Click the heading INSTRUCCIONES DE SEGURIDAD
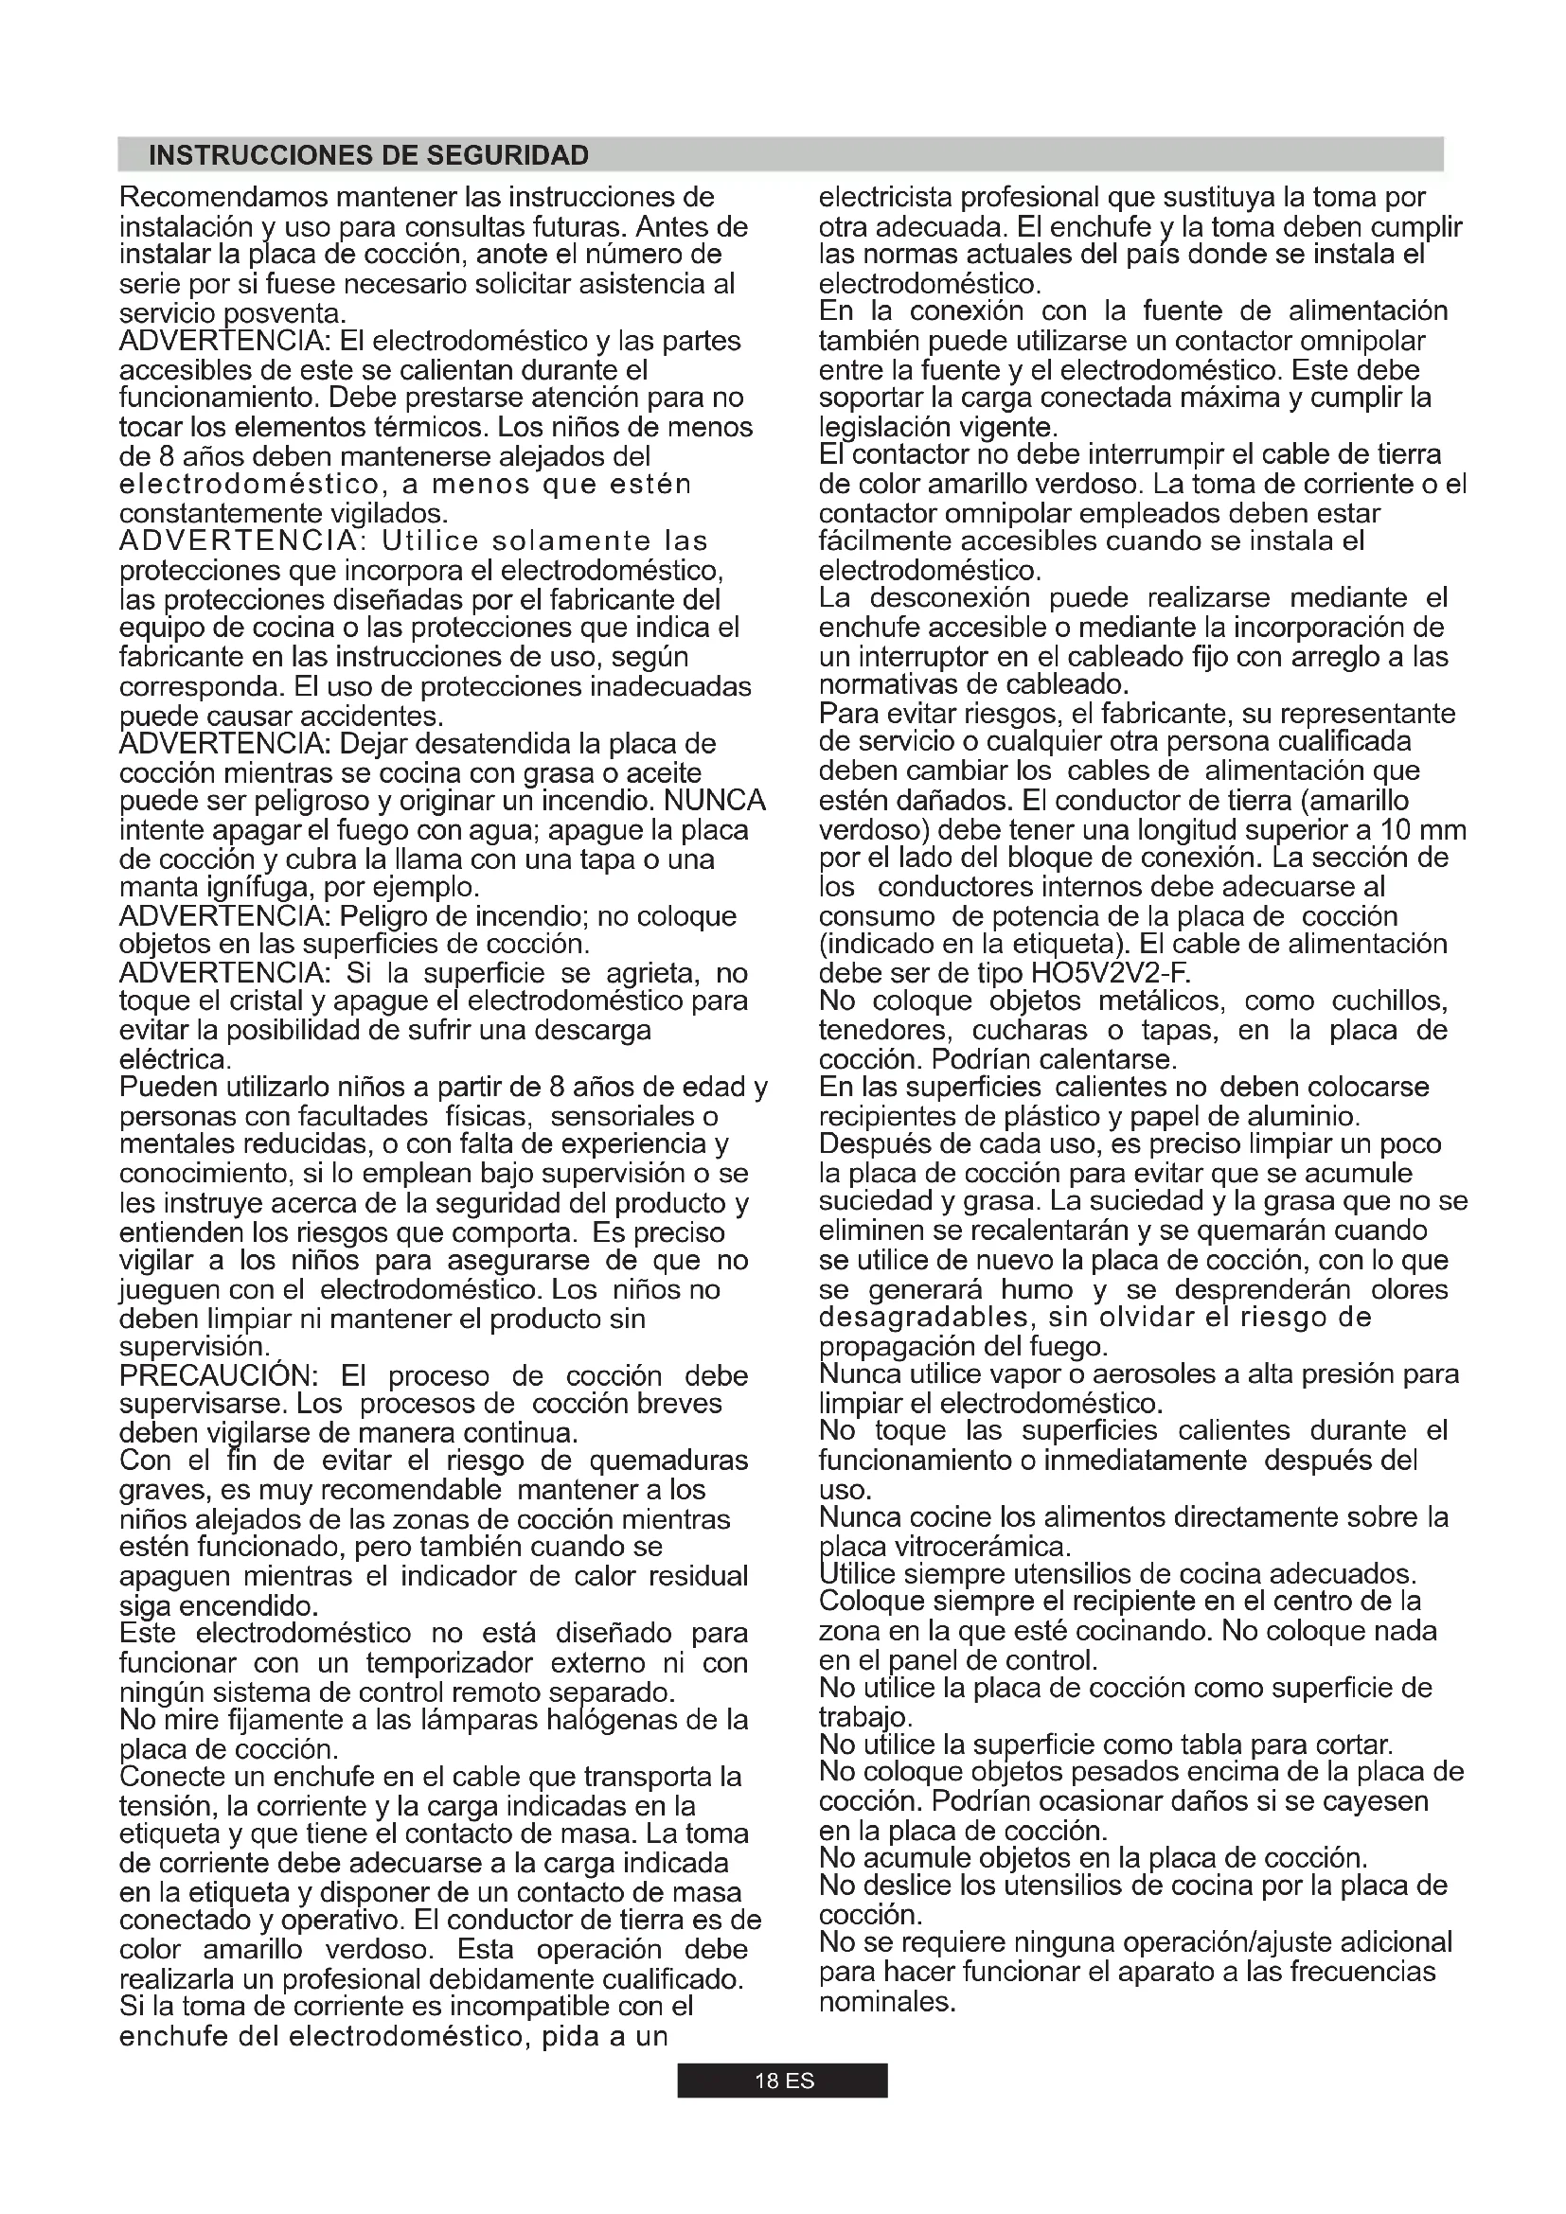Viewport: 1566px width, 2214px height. tap(368, 155)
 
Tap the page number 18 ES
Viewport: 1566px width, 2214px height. tap(782, 2081)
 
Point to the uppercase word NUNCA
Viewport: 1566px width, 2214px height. tap(716, 802)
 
